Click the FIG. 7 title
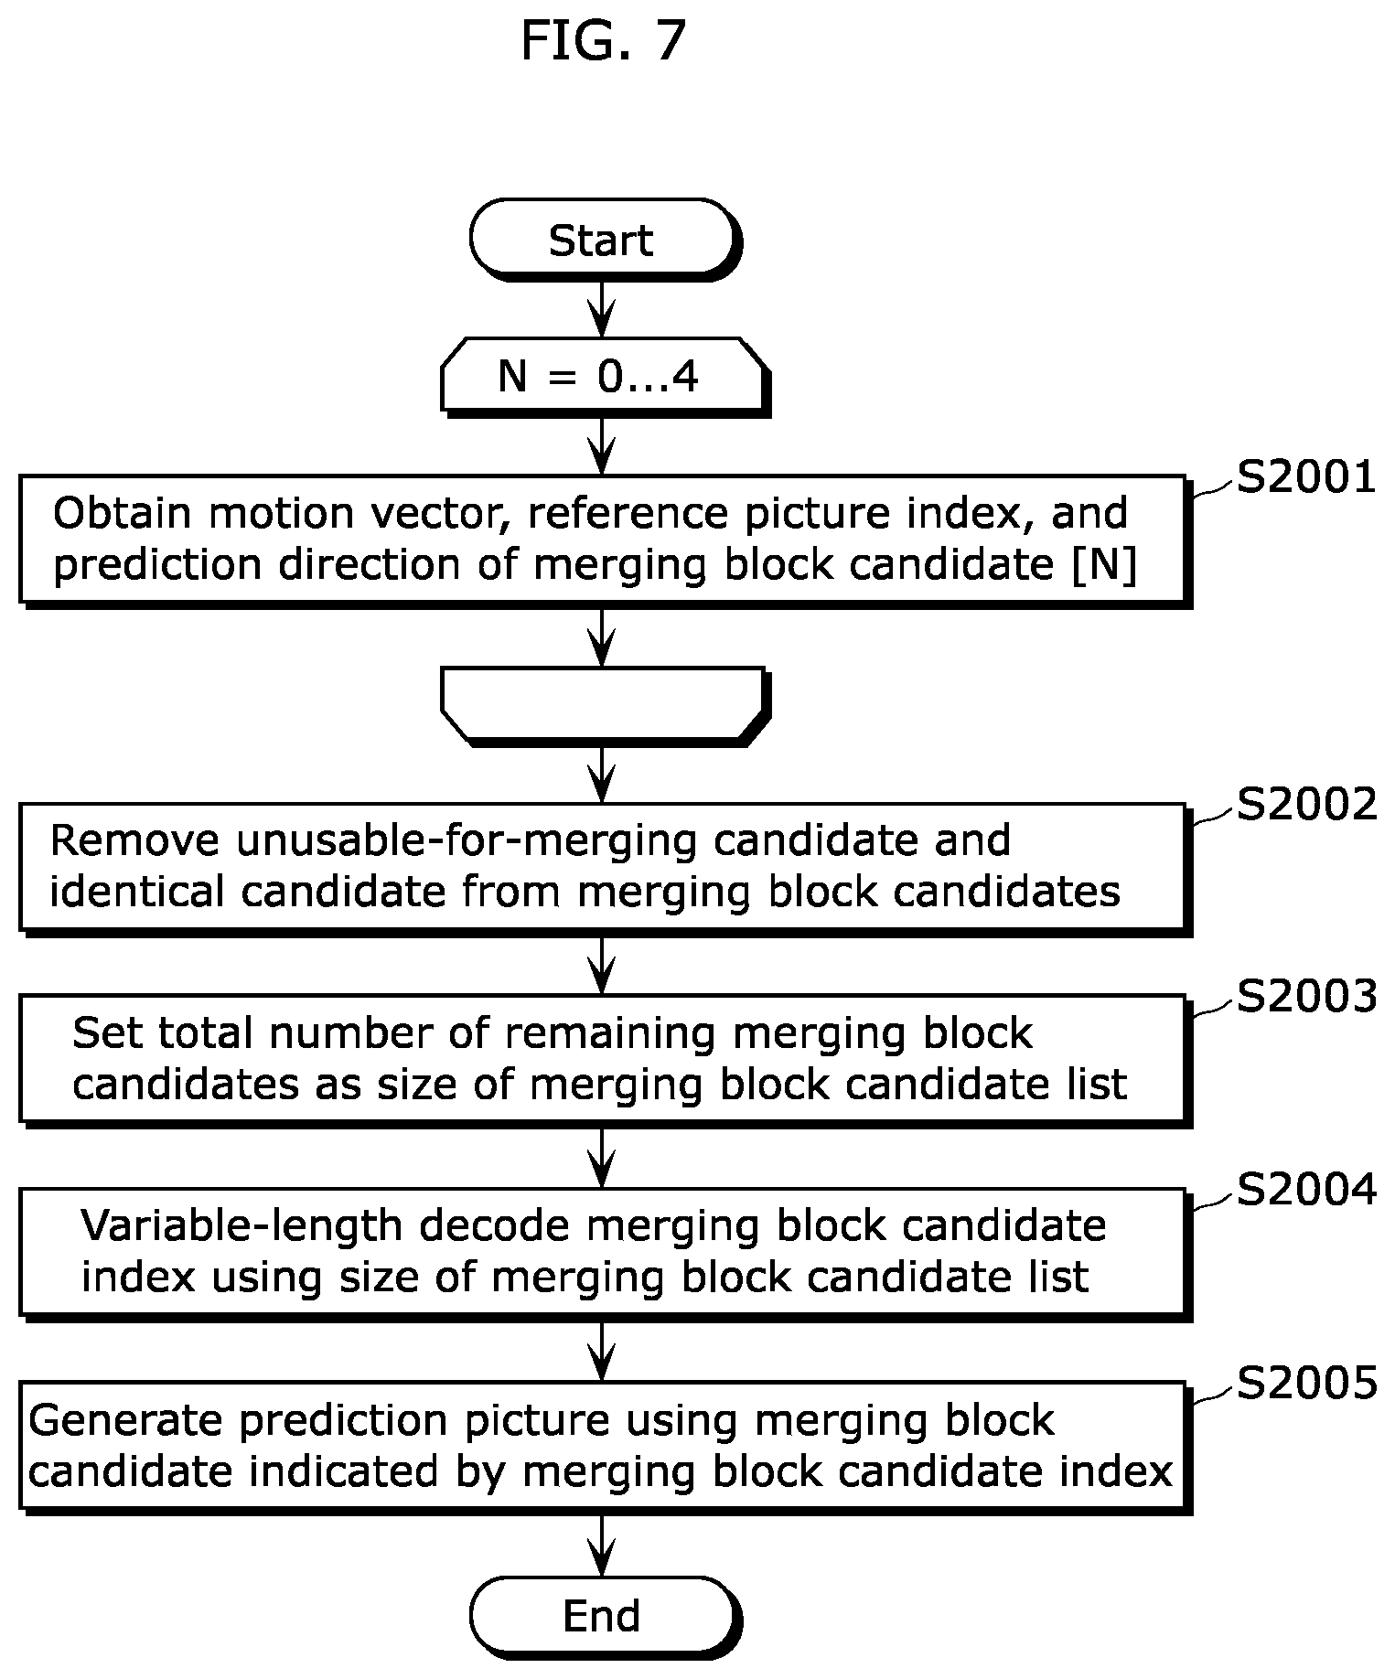coord(603,41)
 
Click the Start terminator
coord(603,240)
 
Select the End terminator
coord(603,1616)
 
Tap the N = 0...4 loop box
coord(603,376)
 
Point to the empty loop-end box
coord(603,704)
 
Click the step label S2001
coord(1306,477)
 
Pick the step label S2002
coord(1306,805)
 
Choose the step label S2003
coord(1306,997)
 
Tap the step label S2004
coord(1306,1190)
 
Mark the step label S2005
coord(1306,1383)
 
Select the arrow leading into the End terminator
coord(602,1545)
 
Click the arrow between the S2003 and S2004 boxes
coord(602,1157)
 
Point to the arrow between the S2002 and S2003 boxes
coord(602,964)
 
